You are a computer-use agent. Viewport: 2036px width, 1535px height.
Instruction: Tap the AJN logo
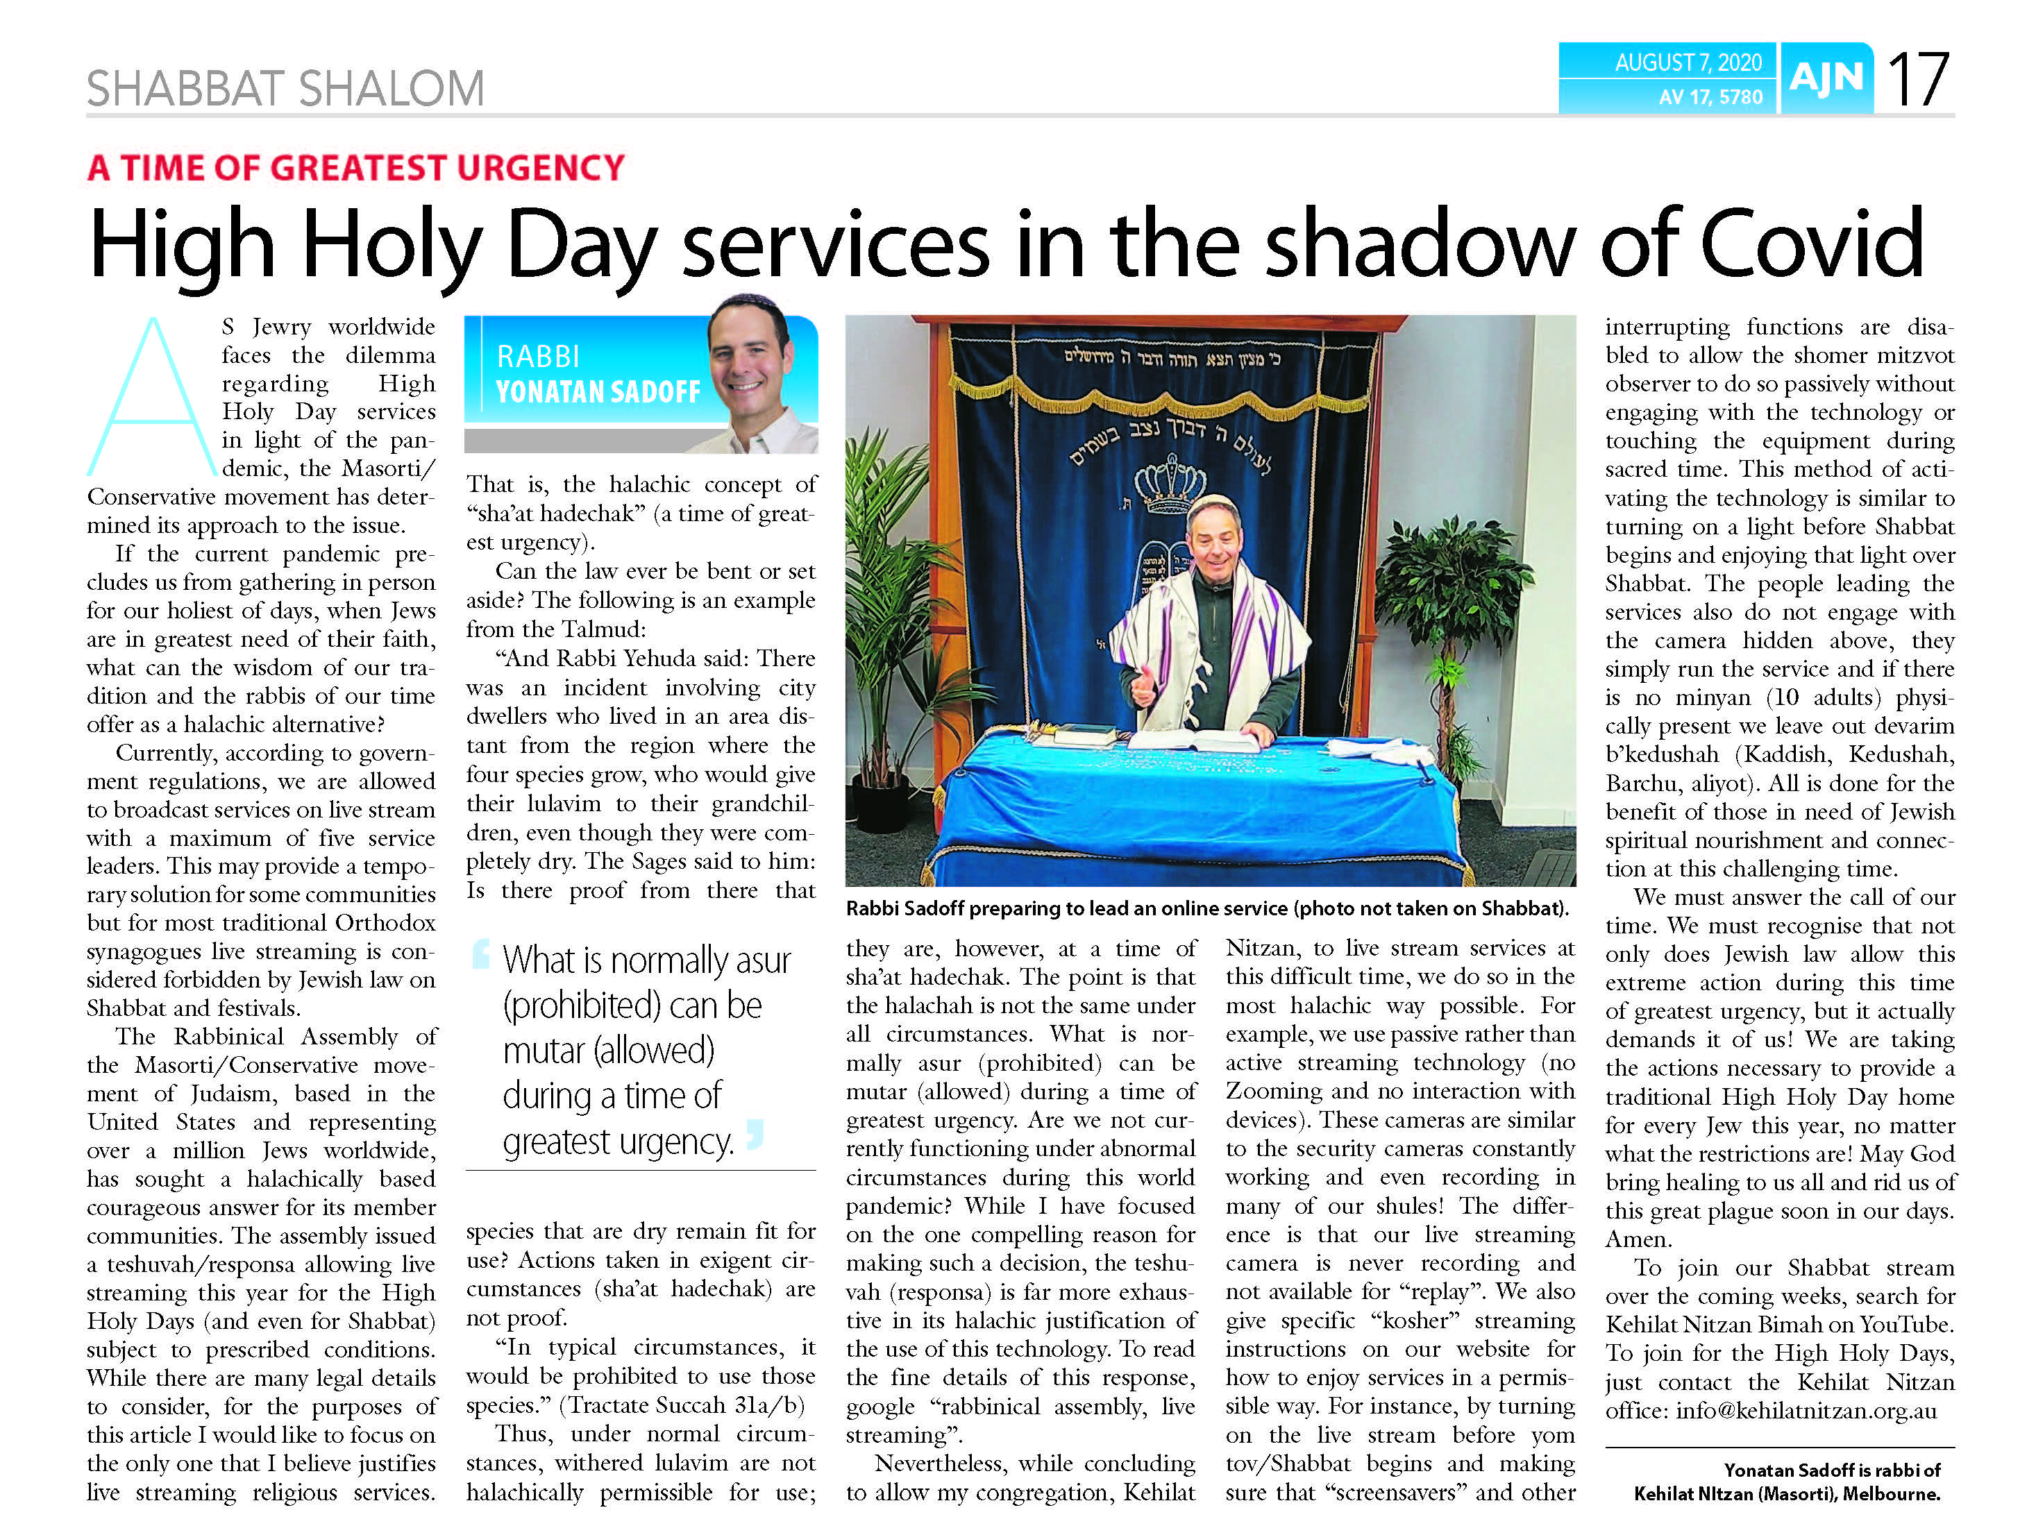[1826, 79]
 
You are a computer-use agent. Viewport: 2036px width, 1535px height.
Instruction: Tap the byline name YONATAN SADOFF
[598, 392]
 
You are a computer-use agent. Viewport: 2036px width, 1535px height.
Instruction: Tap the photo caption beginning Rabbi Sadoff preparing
[1206, 908]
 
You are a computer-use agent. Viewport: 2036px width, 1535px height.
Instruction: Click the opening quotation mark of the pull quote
[480, 953]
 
